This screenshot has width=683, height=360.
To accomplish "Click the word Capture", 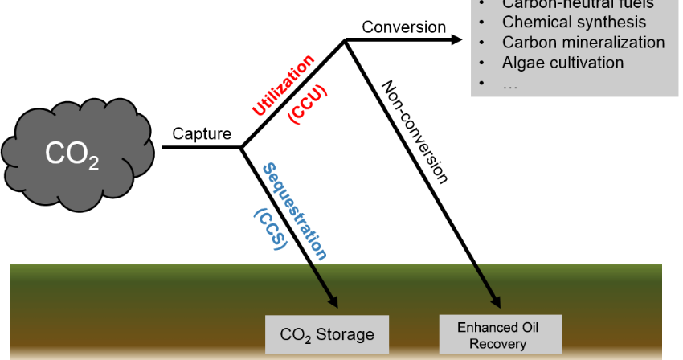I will coord(202,133).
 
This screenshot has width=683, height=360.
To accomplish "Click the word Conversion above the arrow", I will coord(403,27).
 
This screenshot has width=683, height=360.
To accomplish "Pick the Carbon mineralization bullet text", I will coord(583,43).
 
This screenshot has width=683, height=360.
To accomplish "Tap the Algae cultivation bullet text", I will coord(562,63).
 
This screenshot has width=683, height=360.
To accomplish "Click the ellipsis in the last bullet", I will coord(509,83).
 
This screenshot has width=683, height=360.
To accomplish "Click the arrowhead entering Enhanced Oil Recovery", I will coord(492,302).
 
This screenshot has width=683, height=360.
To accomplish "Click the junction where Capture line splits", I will coord(242,148).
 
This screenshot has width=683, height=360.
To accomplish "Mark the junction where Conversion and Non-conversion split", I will coord(346,39).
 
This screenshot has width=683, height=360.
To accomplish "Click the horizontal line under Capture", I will coord(201,148).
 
